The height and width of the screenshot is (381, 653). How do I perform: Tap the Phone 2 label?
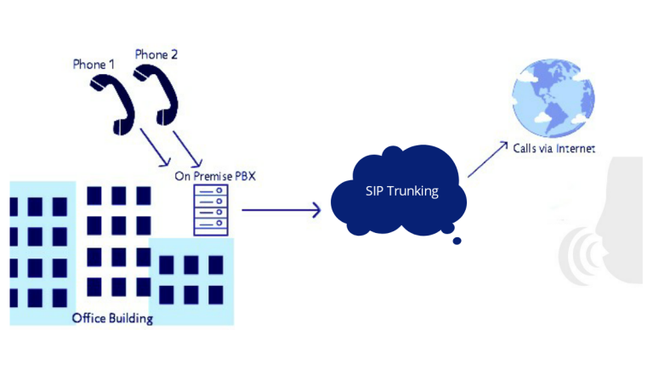pos(156,55)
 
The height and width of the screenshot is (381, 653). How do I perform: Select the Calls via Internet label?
pos(554,148)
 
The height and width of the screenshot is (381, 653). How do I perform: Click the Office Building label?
pos(112,319)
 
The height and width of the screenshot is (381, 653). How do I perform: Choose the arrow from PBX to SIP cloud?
pos(281,209)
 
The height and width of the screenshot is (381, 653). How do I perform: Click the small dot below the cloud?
pos(457,241)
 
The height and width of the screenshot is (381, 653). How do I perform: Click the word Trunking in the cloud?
pos(412,191)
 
